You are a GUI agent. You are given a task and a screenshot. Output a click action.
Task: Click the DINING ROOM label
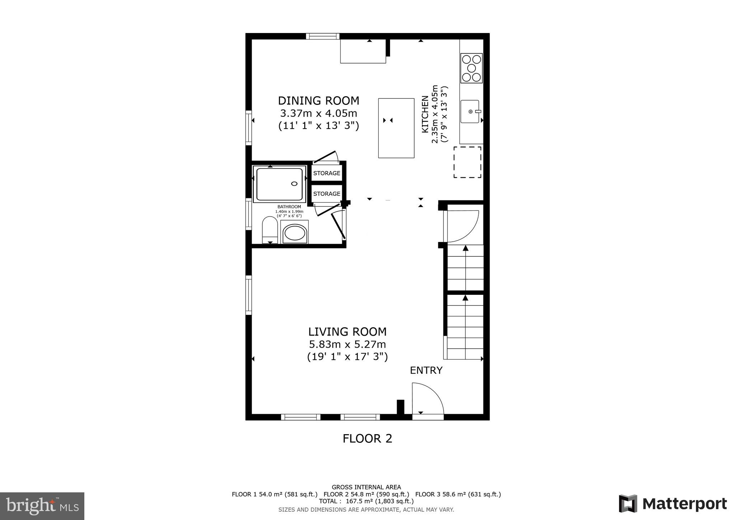coord(318,101)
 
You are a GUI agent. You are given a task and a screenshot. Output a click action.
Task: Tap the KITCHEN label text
coord(425,114)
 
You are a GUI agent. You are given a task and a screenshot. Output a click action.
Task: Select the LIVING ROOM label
coord(347,331)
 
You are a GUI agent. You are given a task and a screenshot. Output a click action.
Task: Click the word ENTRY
coord(426,370)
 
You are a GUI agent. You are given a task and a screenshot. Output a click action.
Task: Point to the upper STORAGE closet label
coord(327,173)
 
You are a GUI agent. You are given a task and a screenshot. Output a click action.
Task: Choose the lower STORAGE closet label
coord(327,194)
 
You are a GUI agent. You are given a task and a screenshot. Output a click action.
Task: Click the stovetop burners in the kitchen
coord(471,68)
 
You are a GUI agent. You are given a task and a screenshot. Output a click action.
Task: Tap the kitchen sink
coord(470,111)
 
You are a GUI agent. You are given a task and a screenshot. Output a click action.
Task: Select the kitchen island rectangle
coord(396,128)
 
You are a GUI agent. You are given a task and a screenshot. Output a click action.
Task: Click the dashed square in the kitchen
coord(467,162)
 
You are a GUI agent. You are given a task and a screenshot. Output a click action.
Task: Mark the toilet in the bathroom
coord(270,230)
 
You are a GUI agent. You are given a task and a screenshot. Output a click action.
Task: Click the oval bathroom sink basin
coord(295,233)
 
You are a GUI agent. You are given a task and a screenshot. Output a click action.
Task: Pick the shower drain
coord(294,184)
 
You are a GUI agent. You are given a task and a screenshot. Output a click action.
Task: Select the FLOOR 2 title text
coord(367,438)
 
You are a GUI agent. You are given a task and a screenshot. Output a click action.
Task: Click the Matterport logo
coord(673,503)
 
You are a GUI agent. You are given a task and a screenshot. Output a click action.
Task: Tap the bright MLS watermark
coord(42,506)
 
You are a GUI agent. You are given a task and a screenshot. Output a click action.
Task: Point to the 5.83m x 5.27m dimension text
coord(347,344)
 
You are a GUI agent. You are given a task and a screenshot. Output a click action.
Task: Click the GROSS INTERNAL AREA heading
coord(366,487)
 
